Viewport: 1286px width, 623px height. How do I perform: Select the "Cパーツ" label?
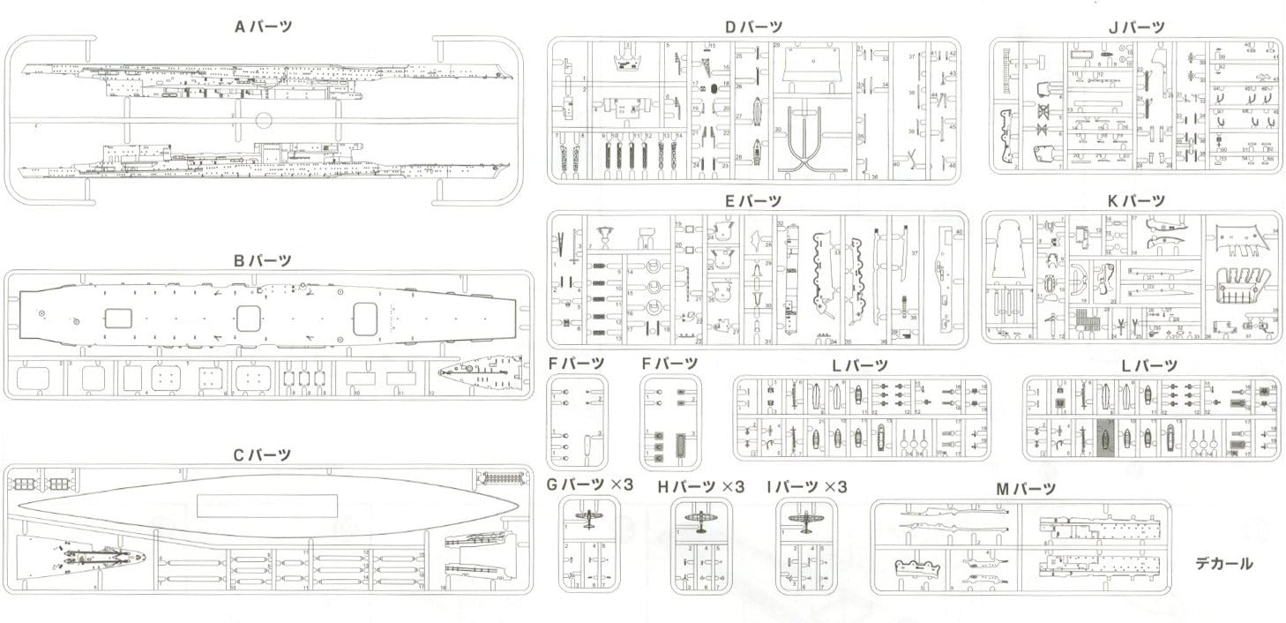262,454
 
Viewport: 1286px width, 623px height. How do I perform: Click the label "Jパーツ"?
1136,27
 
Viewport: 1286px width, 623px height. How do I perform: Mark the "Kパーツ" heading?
1136,200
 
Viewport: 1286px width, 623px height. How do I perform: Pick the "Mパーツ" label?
1026,488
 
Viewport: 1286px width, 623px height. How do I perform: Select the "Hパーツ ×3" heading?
701,486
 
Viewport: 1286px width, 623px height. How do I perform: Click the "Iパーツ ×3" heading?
806,486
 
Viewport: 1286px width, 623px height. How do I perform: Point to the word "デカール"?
1224,563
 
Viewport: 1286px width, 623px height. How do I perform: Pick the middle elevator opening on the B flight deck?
249,318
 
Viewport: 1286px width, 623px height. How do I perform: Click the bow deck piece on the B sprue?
478,376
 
